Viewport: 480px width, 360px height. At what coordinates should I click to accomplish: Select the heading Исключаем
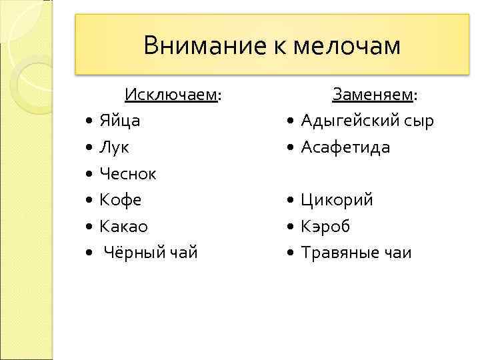[x=171, y=95]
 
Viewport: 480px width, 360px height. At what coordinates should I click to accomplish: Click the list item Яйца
[x=119, y=121]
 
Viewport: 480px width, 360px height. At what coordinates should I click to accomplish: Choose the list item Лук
[x=115, y=147]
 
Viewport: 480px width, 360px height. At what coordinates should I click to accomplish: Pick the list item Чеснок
[x=127, y=174]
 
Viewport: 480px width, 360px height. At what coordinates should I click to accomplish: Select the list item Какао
[x=123, y=227]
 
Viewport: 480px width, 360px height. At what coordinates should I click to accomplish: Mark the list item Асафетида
[x=345, y=147]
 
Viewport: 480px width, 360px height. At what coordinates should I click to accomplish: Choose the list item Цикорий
[x=337, y=200]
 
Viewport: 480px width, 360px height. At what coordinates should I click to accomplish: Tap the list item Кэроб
[x=325, y=227]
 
